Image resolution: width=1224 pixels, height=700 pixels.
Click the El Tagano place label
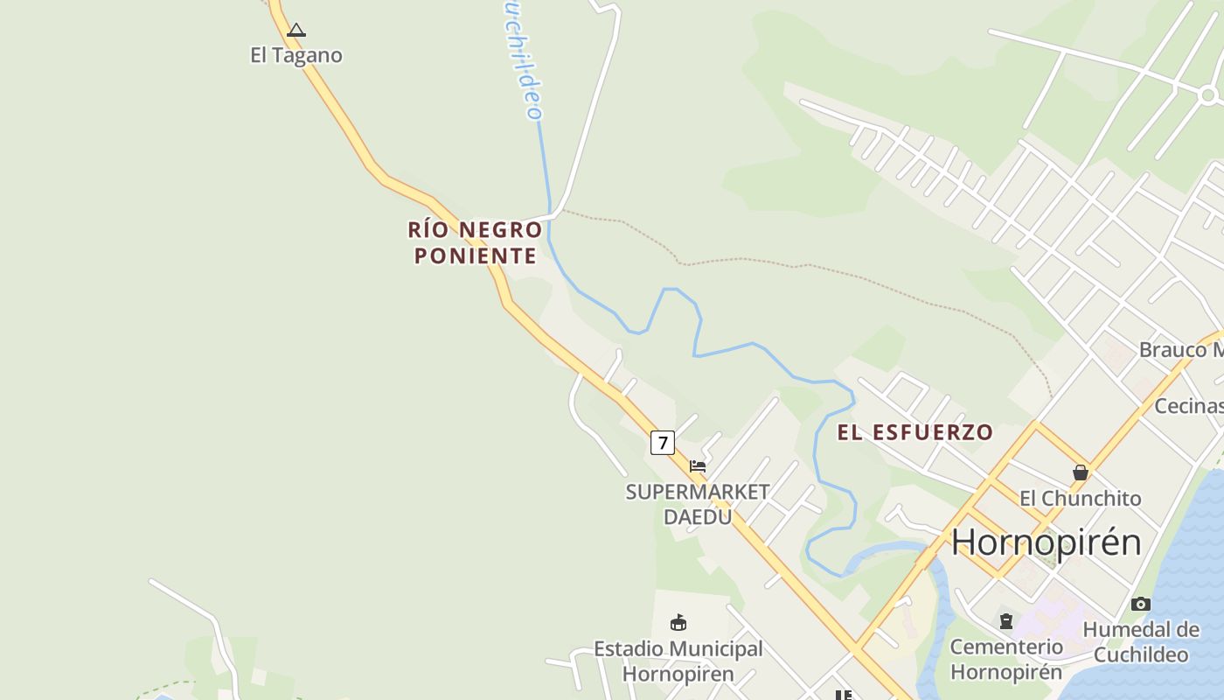coord(296,55)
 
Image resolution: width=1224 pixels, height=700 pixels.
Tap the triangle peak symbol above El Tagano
coord(296,31)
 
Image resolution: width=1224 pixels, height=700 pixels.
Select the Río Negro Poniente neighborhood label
coord(475,242)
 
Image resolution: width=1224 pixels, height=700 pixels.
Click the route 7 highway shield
coord(663,443)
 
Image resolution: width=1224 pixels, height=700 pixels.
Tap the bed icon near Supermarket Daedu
coord(698,465)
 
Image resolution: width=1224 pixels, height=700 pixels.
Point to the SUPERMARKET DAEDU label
coord(697,504)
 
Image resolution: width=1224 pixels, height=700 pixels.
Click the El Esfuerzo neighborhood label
coord(915,432)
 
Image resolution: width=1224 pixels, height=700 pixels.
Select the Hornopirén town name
coord(1046,542)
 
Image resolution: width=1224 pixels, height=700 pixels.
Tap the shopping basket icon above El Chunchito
coord(1081,472)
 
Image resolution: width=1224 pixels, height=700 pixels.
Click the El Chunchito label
coord(1080,498)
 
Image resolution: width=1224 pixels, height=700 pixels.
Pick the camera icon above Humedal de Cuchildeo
coord(1140,604)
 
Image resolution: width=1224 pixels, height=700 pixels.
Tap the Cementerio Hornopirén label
coord(1006,659)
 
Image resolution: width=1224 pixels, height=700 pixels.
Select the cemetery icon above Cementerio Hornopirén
coord(1006,621)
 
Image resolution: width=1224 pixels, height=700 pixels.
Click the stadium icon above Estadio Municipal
coord(678,623)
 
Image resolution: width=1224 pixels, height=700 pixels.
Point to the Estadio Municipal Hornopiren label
coord(678,661)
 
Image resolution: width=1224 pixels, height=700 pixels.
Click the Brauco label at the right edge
coord(1180,350)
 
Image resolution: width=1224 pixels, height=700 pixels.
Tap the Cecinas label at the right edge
coord(1188,406)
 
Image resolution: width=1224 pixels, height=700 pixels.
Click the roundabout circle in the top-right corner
coord(1208,94)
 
